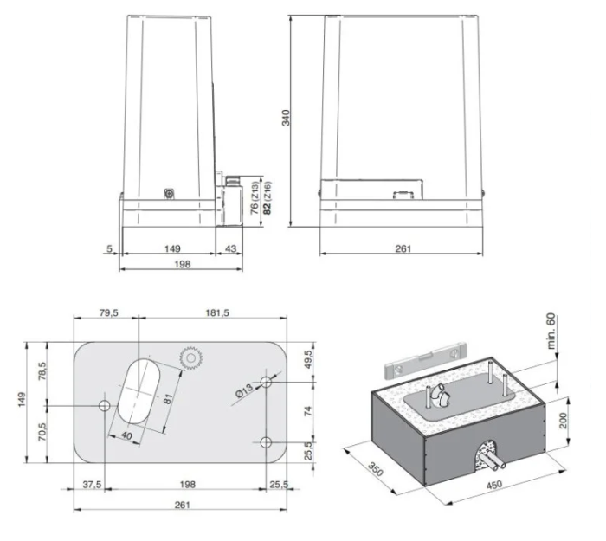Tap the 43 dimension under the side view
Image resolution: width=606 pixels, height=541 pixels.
coord(229,248)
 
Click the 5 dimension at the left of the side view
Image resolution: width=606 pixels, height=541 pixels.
coord(110,248)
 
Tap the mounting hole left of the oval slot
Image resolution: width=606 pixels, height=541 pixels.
coord(105,406)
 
